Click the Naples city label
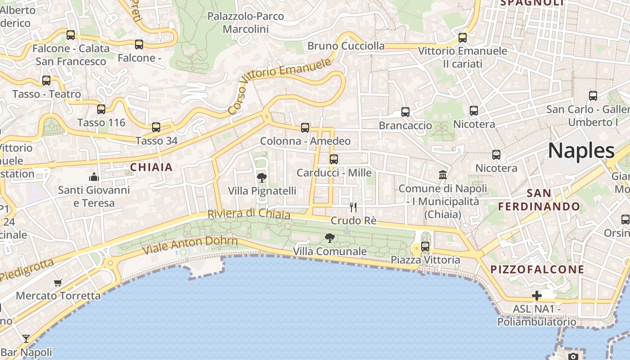581,150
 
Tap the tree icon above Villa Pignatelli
261,178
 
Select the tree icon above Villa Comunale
330,238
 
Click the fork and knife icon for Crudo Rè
353,207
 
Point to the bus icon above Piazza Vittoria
425,247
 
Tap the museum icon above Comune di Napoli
443,175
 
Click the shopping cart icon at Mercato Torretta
58,283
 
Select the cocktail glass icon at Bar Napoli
26,339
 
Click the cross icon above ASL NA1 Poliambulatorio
536,296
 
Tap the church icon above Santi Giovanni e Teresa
94,176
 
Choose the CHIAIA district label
152,167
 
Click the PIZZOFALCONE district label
537,270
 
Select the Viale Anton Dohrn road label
190,245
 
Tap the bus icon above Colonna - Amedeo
305,128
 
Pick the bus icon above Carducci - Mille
333,159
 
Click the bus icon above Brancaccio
405,112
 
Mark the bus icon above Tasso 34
156,127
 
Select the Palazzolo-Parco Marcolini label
246,22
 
